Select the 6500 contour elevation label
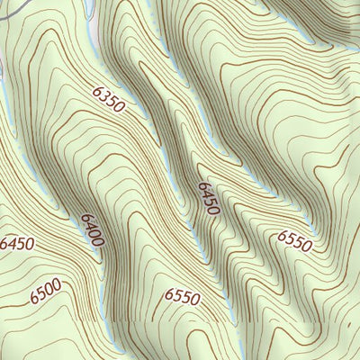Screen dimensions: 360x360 (x=44, y=292)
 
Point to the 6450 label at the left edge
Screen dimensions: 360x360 (x=16, y=244)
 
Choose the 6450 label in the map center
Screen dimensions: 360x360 (x=208, y=197)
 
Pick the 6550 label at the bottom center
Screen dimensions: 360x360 (x=183, y=295)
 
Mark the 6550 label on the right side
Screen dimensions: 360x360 (x=294, y=240)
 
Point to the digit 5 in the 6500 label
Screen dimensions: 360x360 (x=40, y=293)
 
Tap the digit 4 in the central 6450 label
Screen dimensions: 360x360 (x=206, y=193)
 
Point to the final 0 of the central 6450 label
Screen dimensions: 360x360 (x=213, y=210)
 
